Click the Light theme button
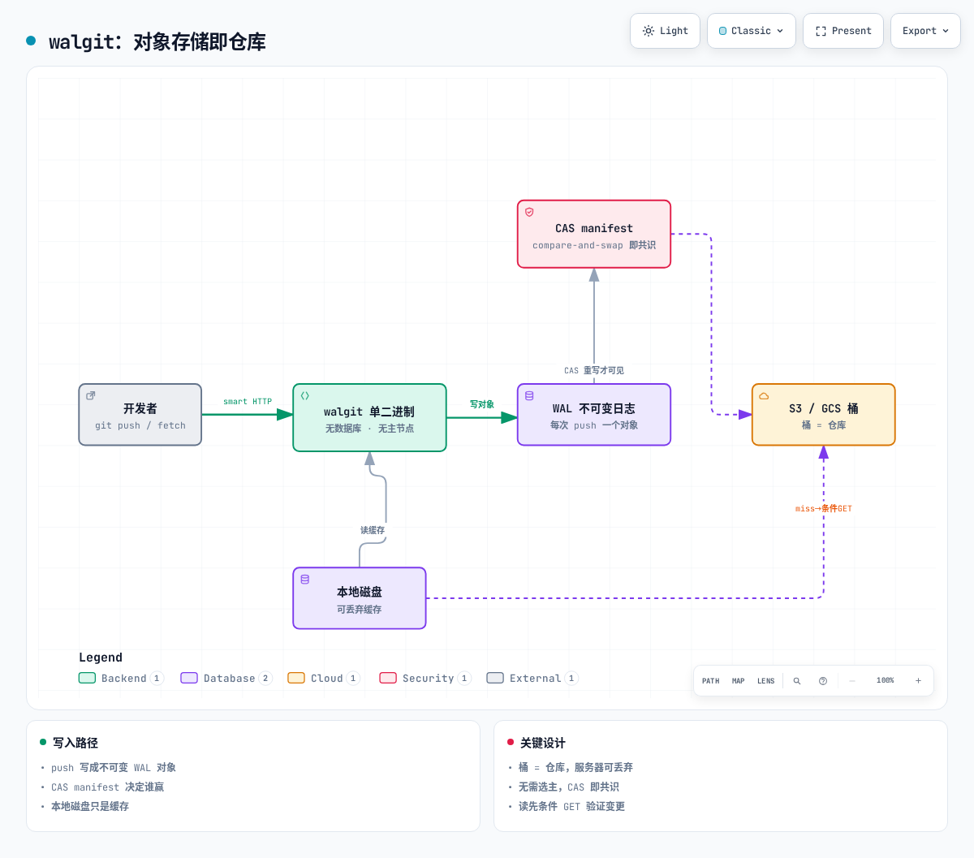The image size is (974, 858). point(665,31)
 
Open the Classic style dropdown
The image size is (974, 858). point(751,31)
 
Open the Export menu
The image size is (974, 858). point(925,31)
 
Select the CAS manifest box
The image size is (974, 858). point(593,235)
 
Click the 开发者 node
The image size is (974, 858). point(140,415)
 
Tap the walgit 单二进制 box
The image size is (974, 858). point(369,417)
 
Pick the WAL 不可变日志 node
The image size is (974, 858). point(593,415)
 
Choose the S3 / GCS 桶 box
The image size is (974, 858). point(824,415)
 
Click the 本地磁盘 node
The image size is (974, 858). point(359,598)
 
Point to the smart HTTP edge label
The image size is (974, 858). point(247,402)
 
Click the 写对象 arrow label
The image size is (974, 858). point(481,404)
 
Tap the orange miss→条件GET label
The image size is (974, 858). point(823,508)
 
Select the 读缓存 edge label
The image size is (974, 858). point(373,530)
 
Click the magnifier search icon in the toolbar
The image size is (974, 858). point(796,681)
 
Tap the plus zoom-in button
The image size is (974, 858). point(918,680)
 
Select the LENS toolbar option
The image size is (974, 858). point(766,681)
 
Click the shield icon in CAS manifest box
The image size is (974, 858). point(529,212)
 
